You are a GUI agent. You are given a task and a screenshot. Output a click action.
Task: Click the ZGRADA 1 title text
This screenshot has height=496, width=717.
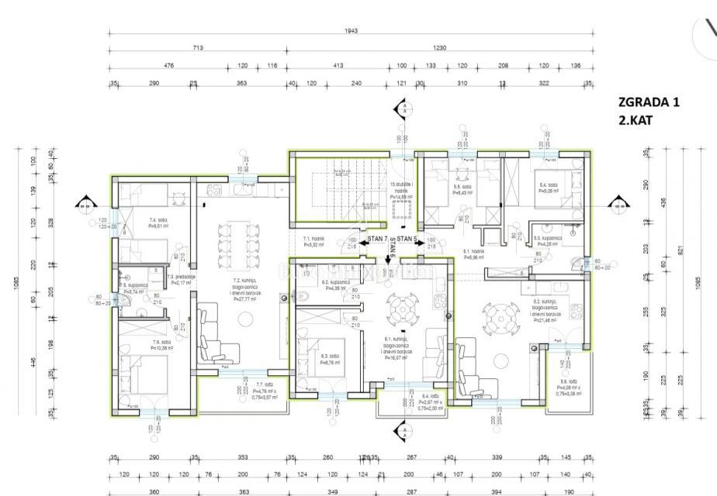648,102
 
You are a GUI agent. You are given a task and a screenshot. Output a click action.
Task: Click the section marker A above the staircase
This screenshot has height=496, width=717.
403,108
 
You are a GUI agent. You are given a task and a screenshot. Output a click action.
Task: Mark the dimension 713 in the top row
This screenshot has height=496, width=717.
197,48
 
